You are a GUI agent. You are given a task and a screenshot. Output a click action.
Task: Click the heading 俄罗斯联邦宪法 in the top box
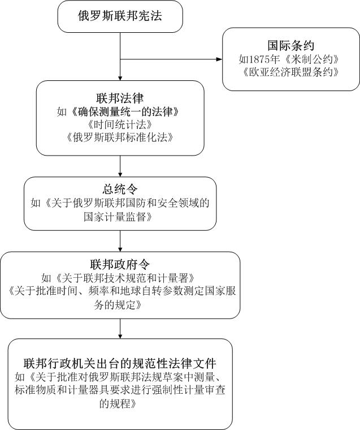tap(120, 16)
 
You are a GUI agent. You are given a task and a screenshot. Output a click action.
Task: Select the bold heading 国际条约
tap(290, 46)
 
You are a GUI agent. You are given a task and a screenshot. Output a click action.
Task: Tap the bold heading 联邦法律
tap(120, 98)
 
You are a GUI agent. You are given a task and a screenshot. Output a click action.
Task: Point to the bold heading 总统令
tap(120, 190)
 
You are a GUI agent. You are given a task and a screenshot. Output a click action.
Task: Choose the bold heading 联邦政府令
tap(120, 264)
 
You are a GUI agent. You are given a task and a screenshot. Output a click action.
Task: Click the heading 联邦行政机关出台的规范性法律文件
tap(120, 362)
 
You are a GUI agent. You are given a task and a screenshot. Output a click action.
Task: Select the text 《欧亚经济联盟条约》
tap(290, 72)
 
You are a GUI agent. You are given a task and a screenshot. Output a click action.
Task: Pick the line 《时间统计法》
tap(120, 124)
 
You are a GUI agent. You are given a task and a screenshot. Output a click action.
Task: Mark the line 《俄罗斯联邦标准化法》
tap(120, 137)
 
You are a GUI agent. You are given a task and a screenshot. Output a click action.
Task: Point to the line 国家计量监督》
tap(120, 216)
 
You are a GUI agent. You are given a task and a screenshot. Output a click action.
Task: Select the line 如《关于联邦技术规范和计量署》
tap(120, 278)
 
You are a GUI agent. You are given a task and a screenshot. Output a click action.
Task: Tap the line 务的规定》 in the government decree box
tap(120, 304)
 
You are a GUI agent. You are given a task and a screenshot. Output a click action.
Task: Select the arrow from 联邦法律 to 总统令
tap(120, 166)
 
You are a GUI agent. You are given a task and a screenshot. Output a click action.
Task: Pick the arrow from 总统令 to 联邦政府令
tap(120, 240)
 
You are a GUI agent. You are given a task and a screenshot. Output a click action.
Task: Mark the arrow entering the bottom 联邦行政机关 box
tap(120, 329)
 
